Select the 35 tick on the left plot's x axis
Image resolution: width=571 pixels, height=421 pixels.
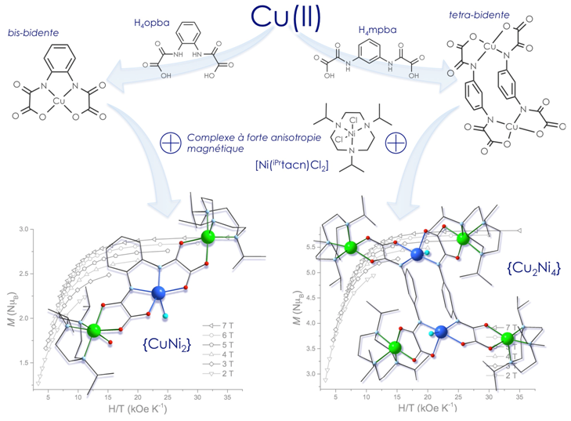(x=227, y=397)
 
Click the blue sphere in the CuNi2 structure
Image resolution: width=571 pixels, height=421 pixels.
(x=160, y=293)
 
